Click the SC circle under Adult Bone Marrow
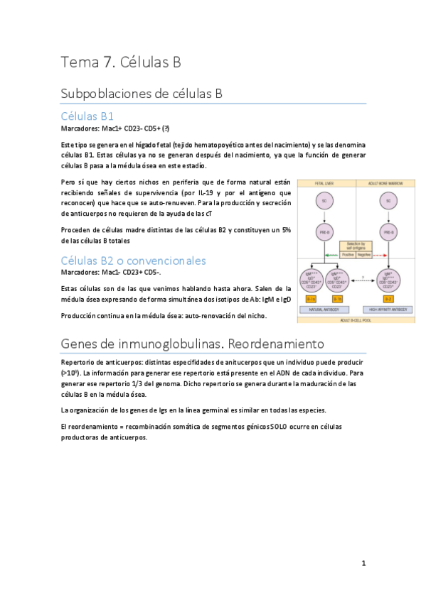[388, 201]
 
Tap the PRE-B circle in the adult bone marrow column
[388, 231]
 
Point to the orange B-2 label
[388, 299]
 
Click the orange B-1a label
[311, 299]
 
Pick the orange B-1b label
[336, 299]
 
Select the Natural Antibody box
[323, 310]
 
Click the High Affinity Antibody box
[388, 310]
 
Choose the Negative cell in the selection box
[363, 253]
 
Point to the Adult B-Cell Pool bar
[388, 319]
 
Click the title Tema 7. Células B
[121, 62]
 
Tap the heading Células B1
[88, 116]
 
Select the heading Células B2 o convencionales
[134, 260]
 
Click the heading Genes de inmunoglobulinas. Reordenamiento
[192, 344]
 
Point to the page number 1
[363, 563]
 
